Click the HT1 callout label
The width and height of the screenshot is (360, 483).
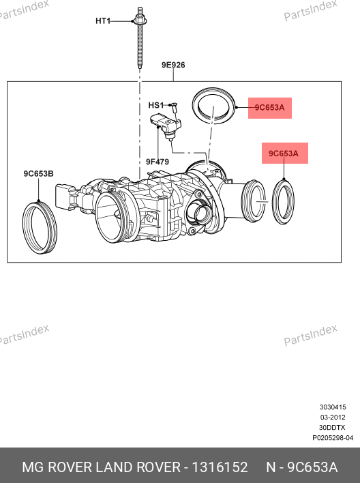(103, 21)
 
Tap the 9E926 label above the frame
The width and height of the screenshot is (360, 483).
(173, 65)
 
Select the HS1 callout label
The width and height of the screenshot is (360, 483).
(156, 105)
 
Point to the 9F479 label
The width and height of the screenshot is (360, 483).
(157, 162)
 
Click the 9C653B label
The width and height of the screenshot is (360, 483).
(38, 174)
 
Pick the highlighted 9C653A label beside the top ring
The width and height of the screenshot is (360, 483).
(270, 108)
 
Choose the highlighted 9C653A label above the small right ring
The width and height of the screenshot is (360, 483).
(284, 153)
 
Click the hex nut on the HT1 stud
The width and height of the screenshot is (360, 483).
(140, 21)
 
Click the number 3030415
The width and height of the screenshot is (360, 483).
(333, 407)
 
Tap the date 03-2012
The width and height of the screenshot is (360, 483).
(333, 418)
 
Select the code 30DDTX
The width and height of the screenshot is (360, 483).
(332, 428)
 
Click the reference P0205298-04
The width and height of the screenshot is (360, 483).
(333, 438)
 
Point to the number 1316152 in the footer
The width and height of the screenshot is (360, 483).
(220, 467)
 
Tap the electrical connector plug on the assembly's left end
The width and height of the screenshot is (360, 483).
(65, 196)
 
